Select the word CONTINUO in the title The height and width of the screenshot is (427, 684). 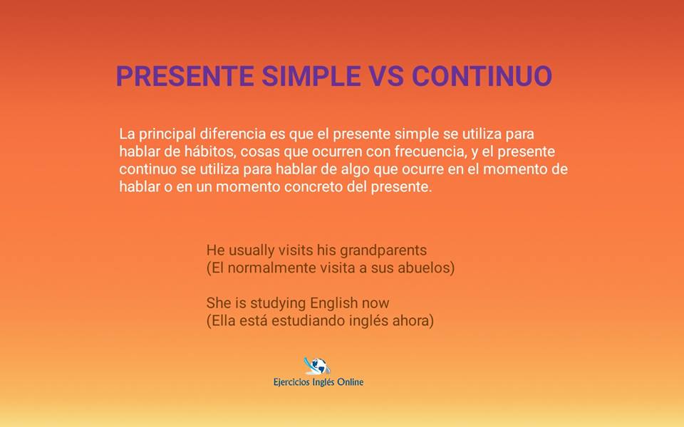pyautogui.click(x=482, y=76)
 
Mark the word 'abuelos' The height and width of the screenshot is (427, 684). pyautogui.click(x=426, y=268)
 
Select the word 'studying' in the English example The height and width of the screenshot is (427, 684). pyautogui.click(x=276, y=302)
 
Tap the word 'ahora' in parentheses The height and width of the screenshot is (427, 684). pyautogui.click(x=413, y=321)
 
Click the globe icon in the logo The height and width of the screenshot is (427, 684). pyautogui.click(x=318, y=366)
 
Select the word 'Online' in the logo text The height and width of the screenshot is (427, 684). pyautogui.click(x=350, y=382)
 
